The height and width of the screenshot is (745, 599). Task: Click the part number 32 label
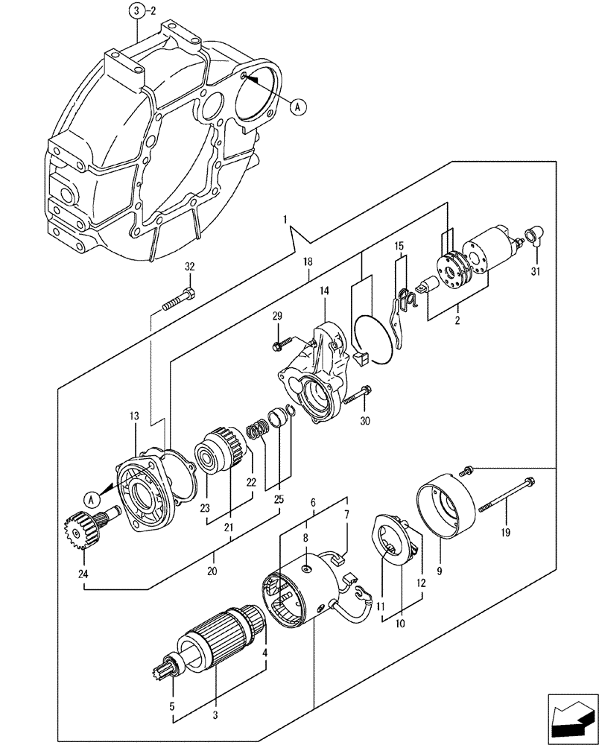(x=189, y=267)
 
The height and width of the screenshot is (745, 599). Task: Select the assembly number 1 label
(x=285, y=221)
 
